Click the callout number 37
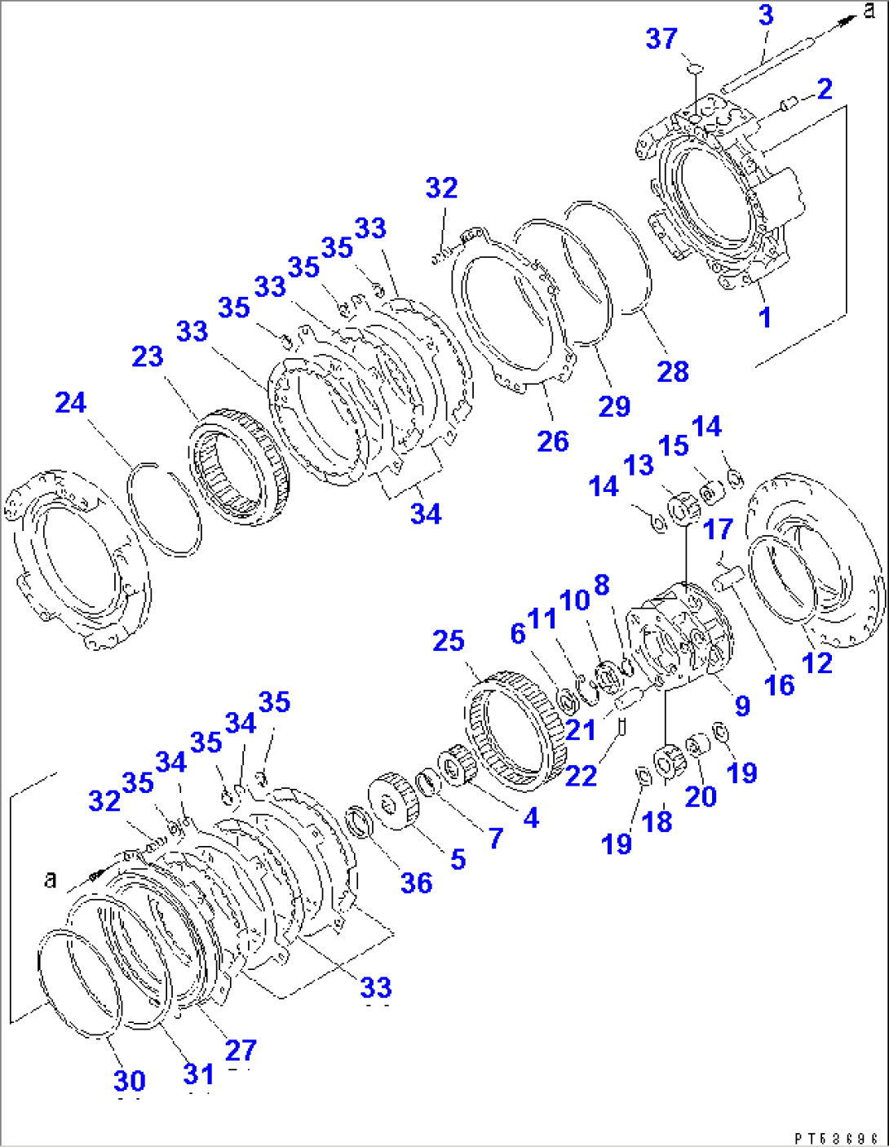click(x=661, y=38)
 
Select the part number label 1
click(x=765, y=317)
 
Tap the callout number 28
click(x=673, y=371)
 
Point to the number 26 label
click(x=553, y=441)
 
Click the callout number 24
click(x=71, y=402)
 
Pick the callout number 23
click(x=148, y=356)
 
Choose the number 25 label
click(x=449, y=640)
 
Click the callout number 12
click(x=817, y=662)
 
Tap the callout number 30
click(x=130, y=1081)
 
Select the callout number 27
click(x=241, y=1050)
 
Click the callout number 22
click(x=581, y=775)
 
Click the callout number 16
click(x=779, y=685)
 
